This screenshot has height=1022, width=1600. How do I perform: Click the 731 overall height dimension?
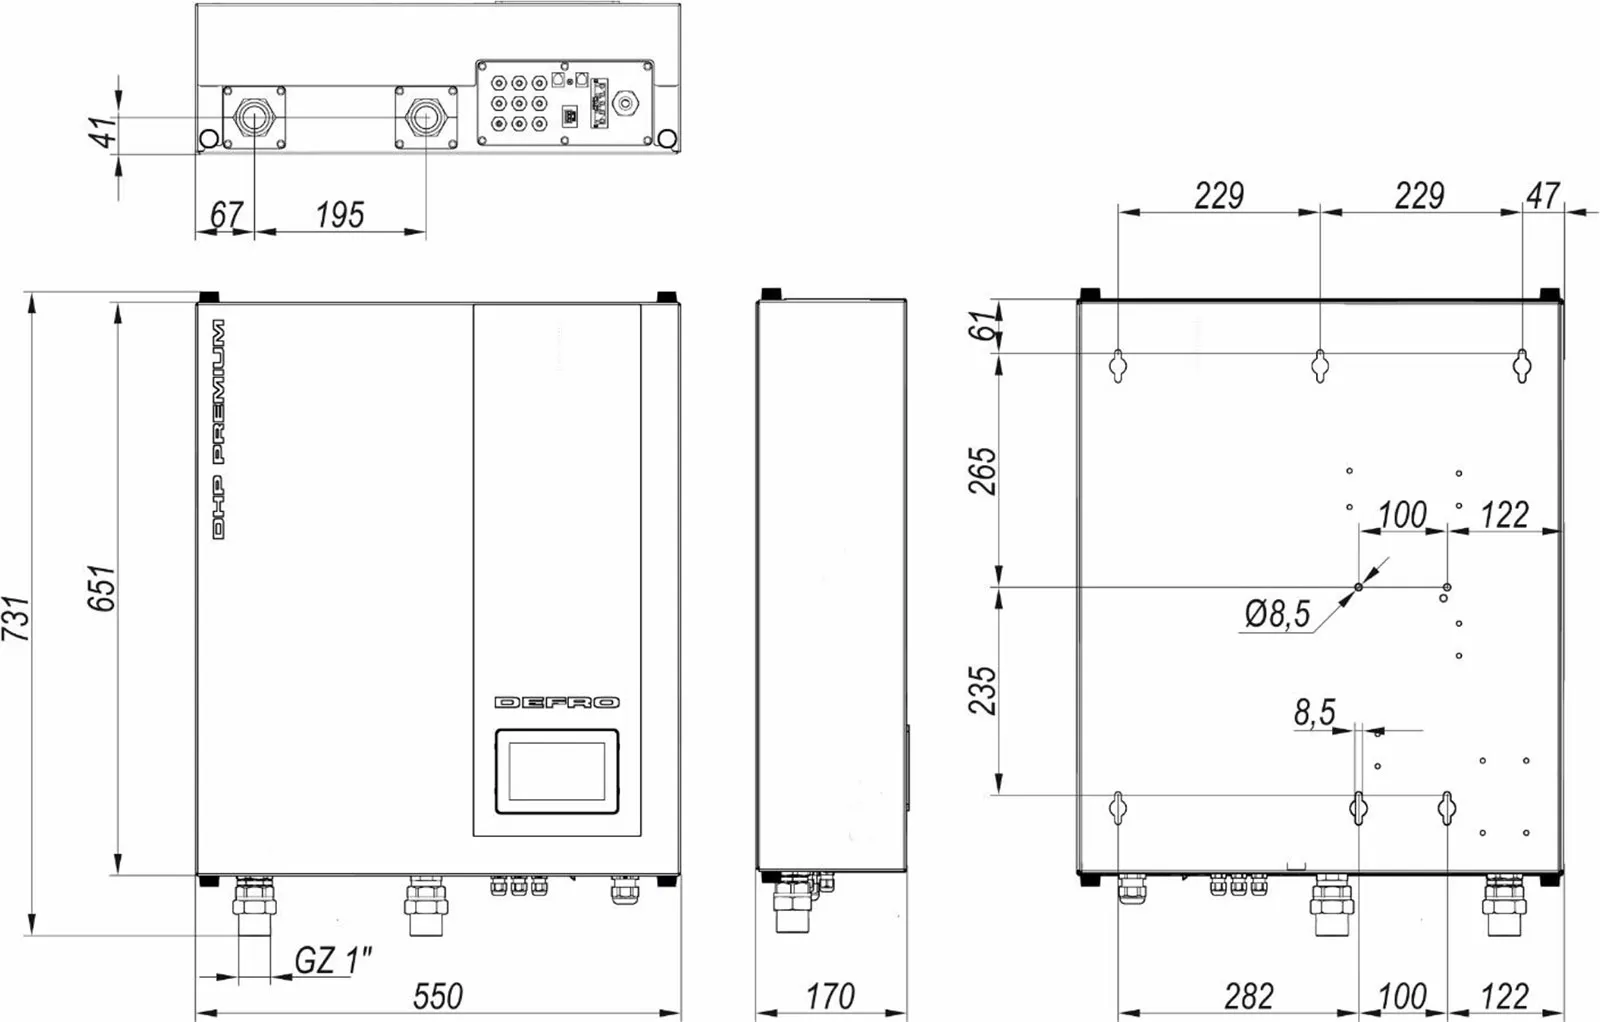point(16,618)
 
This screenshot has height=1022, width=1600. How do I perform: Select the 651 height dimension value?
point(101,588)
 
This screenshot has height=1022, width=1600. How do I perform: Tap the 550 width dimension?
point(438,996)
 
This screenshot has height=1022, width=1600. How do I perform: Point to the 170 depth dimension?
point(830,996)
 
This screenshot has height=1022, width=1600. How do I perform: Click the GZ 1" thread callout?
point(334,961)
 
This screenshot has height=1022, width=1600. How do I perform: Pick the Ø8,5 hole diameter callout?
point(1278,613)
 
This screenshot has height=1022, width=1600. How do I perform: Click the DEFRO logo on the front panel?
point(558,703)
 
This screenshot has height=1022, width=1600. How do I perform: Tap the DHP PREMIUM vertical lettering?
point(219,429)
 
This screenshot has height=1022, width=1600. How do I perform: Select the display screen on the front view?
point(557,771)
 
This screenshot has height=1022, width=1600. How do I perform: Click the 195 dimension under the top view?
point(340,215)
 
